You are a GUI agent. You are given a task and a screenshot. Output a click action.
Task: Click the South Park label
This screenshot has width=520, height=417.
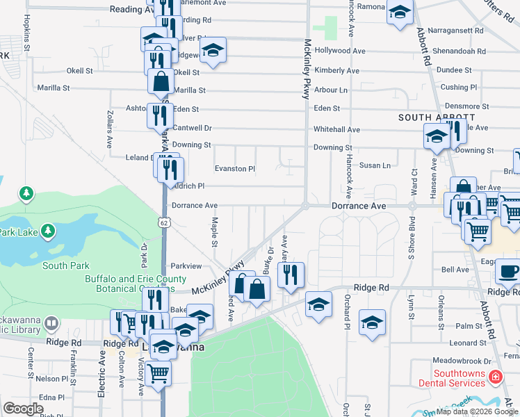tap(65, 265)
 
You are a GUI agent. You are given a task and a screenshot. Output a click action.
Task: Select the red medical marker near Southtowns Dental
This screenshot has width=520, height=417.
tap(495, 377)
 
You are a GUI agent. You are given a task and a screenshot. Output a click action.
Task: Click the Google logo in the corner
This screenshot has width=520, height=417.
tap(23, 409)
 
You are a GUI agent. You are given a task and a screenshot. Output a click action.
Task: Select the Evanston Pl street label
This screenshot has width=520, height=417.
tap(235, 168)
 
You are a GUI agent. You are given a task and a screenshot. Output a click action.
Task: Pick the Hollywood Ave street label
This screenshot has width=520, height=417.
tap(340, 51)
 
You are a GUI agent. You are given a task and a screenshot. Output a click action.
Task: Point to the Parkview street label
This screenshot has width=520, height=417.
tap(186, 266)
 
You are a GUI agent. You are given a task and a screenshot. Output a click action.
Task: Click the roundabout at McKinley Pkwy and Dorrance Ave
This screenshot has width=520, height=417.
tap(304, 206)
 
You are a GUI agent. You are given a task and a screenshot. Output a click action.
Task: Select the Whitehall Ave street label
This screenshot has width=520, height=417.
tap(336, 129)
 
